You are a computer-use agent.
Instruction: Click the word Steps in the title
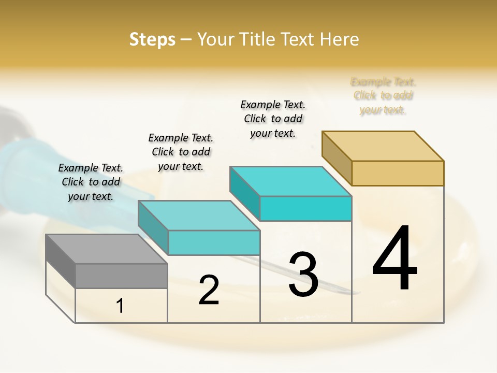click(x=152, y=39)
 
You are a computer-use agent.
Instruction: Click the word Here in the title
click(x=339, y=39)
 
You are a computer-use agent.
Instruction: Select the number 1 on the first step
click(x=120, y=306)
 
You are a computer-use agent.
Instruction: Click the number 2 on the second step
click(x=209, y=290)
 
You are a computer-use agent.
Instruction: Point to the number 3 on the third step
click(x=303, y=275)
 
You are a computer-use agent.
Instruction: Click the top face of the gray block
click(x=106, y=249)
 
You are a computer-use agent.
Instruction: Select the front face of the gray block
click(x=121, y=276)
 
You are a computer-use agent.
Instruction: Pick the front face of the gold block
click(x=398, y=173)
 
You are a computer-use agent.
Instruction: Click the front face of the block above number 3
click(x=305, y=208)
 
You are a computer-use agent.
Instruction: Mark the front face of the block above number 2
click(x=213, y=242)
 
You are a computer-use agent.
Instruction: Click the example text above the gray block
click(x=91, y=182)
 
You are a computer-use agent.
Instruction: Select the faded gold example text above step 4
click(x=383, y=96)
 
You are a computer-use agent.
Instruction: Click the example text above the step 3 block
click(x=273, y=119)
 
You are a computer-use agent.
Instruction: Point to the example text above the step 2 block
click(x=181, y=152)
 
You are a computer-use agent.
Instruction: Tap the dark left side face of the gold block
click(x=337, y=157)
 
